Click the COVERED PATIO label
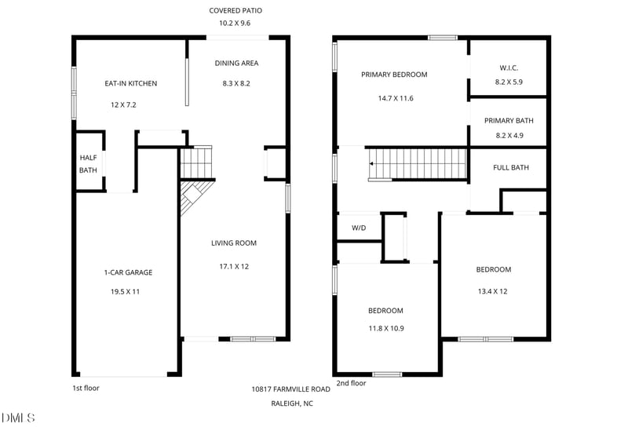tap(235, 10)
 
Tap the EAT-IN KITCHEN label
tap(131, 83)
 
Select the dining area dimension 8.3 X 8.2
tap(236, 83)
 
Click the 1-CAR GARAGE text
tap(128, 272)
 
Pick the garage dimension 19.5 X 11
tap(126, 291)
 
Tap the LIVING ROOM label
tap(234, 243)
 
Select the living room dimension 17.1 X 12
tap(234, 266)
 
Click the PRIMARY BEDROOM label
tap(394, 75)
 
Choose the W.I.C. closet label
tap(509, 68)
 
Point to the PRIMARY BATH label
tap(509, 121)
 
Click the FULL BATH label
tap(511, 167)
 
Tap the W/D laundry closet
tap(359, 228)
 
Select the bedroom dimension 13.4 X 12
tap(493, 291)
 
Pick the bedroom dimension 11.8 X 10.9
tap(386, 328)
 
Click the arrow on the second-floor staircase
tap(371, 164)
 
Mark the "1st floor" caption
tap(86, 388)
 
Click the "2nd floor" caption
tap(351, 383)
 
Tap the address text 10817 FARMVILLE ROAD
tap(290, 389)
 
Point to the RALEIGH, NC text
tap(292, 403)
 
